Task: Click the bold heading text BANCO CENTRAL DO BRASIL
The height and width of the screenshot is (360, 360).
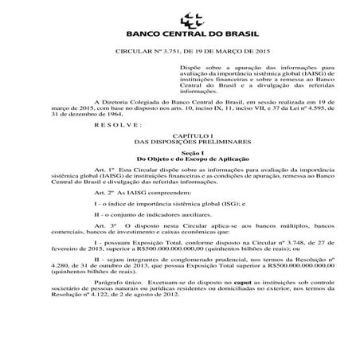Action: click(180, 36)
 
